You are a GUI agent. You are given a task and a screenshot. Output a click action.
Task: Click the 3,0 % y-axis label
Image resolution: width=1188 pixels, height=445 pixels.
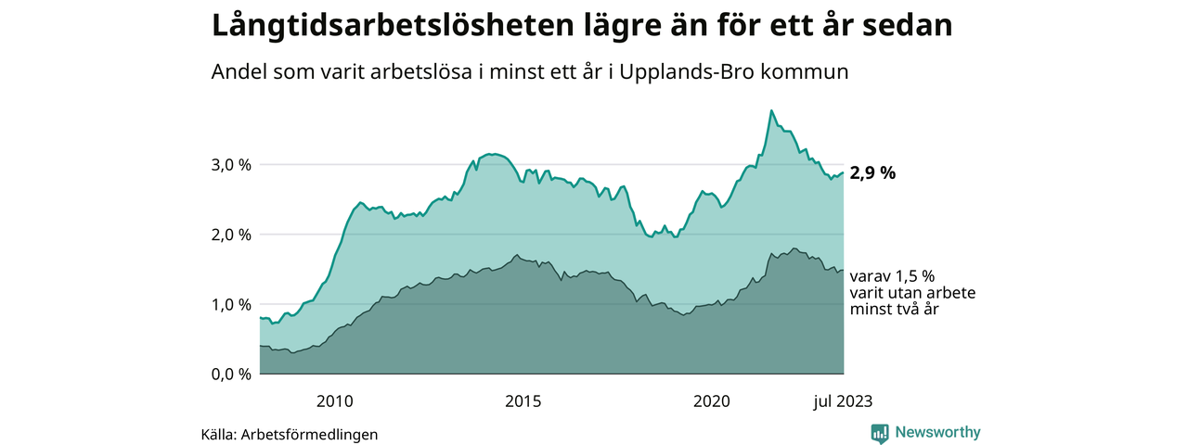tap(232, 164)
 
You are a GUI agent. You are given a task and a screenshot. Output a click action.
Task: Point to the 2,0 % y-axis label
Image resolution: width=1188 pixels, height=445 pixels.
tap(232, 235)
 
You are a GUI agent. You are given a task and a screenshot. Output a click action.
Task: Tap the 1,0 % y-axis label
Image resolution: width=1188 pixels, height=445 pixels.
tap(232, 304)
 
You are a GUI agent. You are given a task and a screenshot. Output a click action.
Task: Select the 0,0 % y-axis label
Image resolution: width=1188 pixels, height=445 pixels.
tap(232, 375)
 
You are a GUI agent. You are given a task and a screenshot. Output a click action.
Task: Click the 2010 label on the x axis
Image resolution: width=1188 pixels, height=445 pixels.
tap(334, 401)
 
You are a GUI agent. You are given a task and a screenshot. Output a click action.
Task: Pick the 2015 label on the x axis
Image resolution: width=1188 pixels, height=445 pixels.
tap(523, 401)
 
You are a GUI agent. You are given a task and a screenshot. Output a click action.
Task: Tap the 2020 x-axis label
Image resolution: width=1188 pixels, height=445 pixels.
tap(711, 401)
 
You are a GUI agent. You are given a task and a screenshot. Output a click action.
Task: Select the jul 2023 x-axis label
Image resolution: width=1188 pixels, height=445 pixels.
tap(842, 401)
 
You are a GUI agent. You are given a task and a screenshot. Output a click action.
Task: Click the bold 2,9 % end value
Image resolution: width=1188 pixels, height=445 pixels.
tap(872, 173)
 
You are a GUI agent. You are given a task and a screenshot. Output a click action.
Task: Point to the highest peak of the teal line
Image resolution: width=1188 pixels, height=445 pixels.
tap(771, 110)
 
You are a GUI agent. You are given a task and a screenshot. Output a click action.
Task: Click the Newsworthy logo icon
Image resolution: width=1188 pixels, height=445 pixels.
tap(880, 433)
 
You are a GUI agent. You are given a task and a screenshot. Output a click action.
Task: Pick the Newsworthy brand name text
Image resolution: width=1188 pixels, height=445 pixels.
tap(937, 432)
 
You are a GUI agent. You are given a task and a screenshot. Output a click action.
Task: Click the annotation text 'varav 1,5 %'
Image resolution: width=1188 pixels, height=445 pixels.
tap(891, 275)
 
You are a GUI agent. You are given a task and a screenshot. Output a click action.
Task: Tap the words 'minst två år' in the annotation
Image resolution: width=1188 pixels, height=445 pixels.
tap(895, 310)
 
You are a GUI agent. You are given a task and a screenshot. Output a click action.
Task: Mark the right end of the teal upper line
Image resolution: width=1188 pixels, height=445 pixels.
tap(843, 172)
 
